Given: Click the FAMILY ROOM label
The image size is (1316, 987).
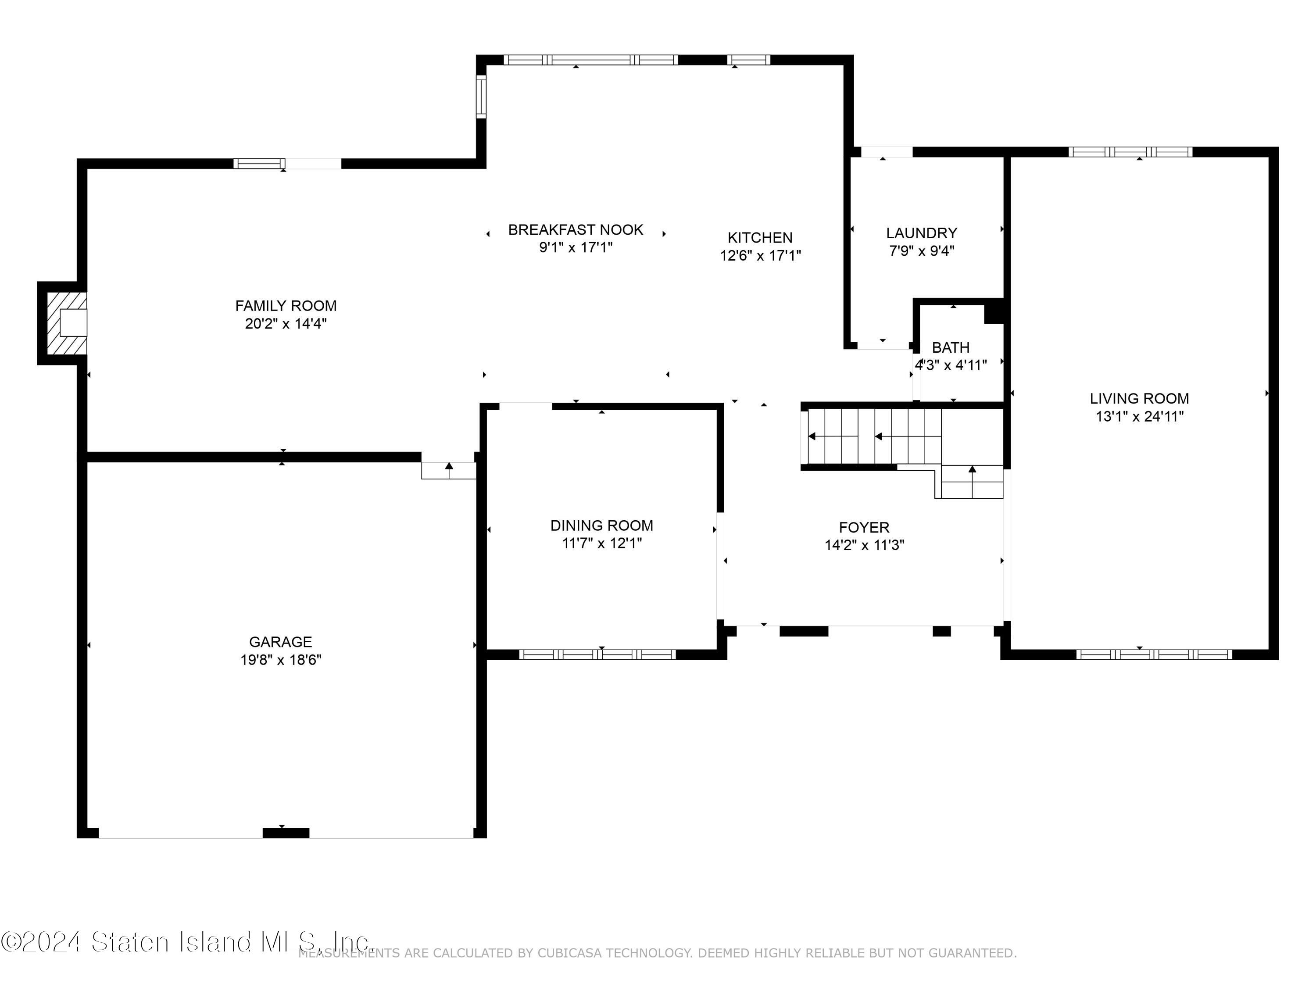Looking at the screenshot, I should click(x=286, y=306).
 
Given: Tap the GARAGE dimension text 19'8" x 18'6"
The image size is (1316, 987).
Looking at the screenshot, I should click(x=280, y=660).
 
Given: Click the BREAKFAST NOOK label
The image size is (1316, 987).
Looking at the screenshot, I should click(x=575, y=230).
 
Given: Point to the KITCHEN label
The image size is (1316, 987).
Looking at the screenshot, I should click(x=760, y=238).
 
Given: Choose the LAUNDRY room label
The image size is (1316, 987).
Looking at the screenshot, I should click(x=921, y=233).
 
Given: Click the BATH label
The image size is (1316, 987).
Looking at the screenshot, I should click(x=950, y=347).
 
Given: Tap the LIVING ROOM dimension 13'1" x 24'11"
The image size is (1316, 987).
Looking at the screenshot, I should click(x=1139, y=416).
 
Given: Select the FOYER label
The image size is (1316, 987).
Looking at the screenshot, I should click(x=864, y=527).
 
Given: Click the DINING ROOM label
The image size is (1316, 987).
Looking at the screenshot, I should click(x=601, y=526).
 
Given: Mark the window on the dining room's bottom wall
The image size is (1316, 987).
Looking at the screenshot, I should click(x=597, y=654).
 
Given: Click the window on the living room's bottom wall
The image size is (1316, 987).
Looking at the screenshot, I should click(x=1154, y=654).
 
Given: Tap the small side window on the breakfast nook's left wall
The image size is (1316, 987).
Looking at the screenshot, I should click(x=481, y=97).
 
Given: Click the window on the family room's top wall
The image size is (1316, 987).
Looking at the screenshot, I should click(x=259, y=164).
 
